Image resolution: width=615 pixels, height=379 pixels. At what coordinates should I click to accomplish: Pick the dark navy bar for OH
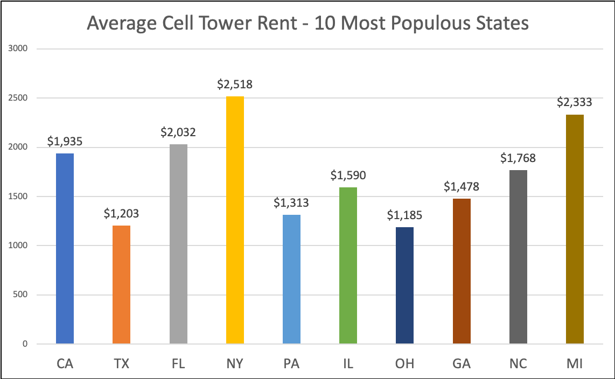tap(404, 285)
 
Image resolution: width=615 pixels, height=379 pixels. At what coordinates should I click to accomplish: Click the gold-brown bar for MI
tap(575, 229)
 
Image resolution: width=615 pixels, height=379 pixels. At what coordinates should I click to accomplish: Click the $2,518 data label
tap(235, 85)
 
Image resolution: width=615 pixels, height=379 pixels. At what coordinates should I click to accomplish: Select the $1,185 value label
tap(404, 215)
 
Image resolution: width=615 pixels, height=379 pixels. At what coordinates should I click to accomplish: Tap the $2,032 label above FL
tap(178, 132)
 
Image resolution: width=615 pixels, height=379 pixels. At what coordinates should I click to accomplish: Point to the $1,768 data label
tap(518, 158)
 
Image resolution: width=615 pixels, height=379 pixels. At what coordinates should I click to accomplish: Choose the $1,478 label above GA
tap(462, 187)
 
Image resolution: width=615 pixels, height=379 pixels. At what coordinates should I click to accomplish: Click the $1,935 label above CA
tap(65, 142)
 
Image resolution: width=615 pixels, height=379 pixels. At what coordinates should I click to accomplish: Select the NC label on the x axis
tap(518, 364)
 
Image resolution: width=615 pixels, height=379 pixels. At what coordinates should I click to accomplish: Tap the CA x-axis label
tap(65, 364)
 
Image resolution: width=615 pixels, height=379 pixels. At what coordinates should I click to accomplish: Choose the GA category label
tap(462, 364)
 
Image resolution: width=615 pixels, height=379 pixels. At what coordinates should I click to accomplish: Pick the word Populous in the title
tap(422, 24)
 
